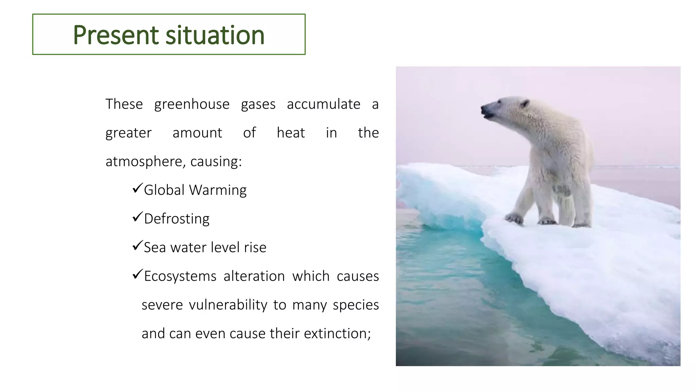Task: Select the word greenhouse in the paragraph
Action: click(192, 104)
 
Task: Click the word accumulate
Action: click(323, 104)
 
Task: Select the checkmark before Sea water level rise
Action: click(137, 245)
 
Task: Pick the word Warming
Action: click(218, 190)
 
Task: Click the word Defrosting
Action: click(177, 219)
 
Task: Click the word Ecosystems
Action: click(180, 276)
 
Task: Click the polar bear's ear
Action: click(525, 103)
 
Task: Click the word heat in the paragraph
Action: click(291, 133)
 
